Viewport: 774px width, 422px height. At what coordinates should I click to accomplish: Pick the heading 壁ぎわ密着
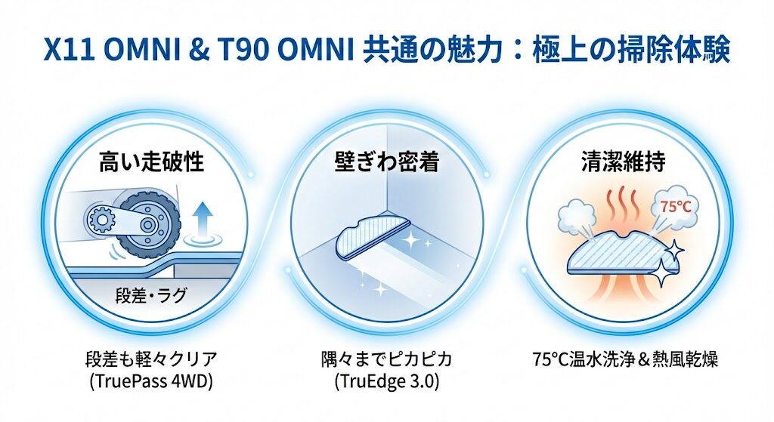pos(387,162)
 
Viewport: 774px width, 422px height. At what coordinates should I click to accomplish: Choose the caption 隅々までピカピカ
pos(387,359)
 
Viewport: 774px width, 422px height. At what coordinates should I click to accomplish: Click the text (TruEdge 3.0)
pos(387,380)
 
